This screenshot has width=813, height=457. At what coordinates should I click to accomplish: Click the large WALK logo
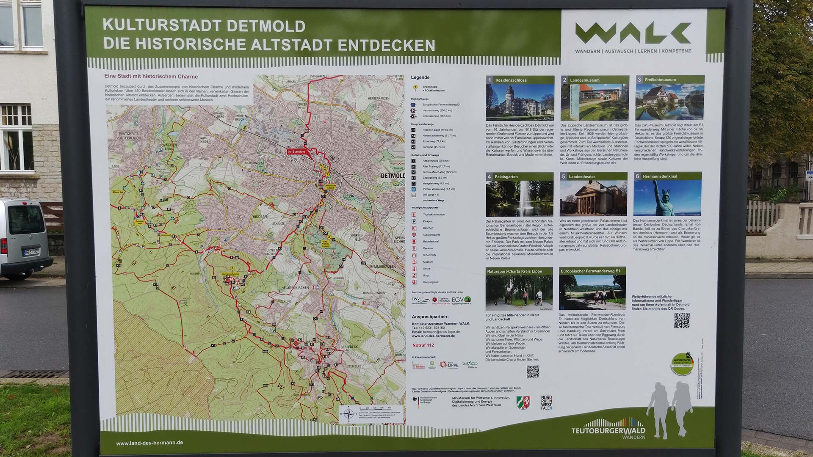[x=633, y=33]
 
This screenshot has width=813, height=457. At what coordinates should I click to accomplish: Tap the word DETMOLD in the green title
[x=266, y=26]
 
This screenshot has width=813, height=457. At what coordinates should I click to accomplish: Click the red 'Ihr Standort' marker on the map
[x=296, y=151]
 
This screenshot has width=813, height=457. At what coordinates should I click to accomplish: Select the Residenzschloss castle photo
[x=520, y=102]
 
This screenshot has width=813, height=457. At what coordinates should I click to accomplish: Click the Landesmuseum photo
[x=595, y=102]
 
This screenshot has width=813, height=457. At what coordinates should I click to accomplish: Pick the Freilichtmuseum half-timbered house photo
[x=669, y=102]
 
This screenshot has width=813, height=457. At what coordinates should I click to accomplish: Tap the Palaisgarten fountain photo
[x=520, y=198]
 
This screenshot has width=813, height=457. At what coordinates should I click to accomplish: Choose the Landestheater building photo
[x=593, y=198]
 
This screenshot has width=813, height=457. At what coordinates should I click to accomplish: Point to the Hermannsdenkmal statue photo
[x=667, y=198]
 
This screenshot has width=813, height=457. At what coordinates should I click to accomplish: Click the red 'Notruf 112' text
[x=423, y=345]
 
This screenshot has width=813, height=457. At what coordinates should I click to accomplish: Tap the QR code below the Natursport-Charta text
[x=533, y=372]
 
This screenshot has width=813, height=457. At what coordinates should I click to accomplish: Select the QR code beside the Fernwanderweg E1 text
[x=682, y=320]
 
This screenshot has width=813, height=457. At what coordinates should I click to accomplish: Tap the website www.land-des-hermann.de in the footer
[x=149, y=443]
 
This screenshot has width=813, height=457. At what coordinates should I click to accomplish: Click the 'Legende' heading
[x=420, y=77]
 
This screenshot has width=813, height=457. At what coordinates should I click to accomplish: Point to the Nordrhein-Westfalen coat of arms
[x=523, y=402]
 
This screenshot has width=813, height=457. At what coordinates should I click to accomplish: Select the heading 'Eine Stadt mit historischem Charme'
[x=151, y=77]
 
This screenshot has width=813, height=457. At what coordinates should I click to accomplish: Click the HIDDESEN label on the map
[x=260, y=217]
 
